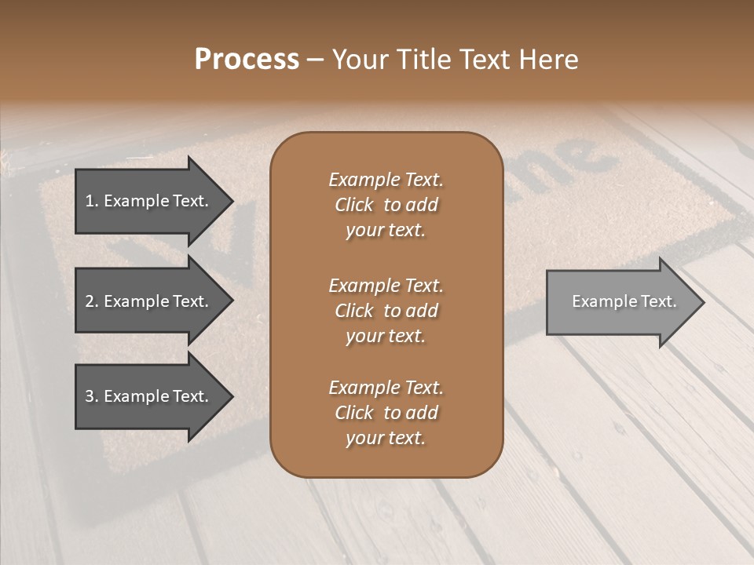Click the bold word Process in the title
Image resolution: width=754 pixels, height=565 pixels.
coord(247,60)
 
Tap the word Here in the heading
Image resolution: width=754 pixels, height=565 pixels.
coord(547,60)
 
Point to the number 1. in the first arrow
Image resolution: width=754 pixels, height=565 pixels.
coord(91,201)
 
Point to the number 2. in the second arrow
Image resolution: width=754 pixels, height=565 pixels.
coord(91,301)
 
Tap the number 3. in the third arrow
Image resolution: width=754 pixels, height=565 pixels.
coord(91,396)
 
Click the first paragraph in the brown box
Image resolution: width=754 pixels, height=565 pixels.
coord(386,205)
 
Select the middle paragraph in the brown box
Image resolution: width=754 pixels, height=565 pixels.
coord(386,310)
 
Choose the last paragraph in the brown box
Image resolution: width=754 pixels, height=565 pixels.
coord(386,413)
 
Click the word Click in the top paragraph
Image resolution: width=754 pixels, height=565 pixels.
coord(354,205)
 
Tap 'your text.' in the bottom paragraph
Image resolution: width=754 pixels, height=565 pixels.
coord(386,438)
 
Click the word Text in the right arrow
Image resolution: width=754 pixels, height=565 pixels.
coord(659,301)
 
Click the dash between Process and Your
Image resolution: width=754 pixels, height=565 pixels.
coord(316,60)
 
